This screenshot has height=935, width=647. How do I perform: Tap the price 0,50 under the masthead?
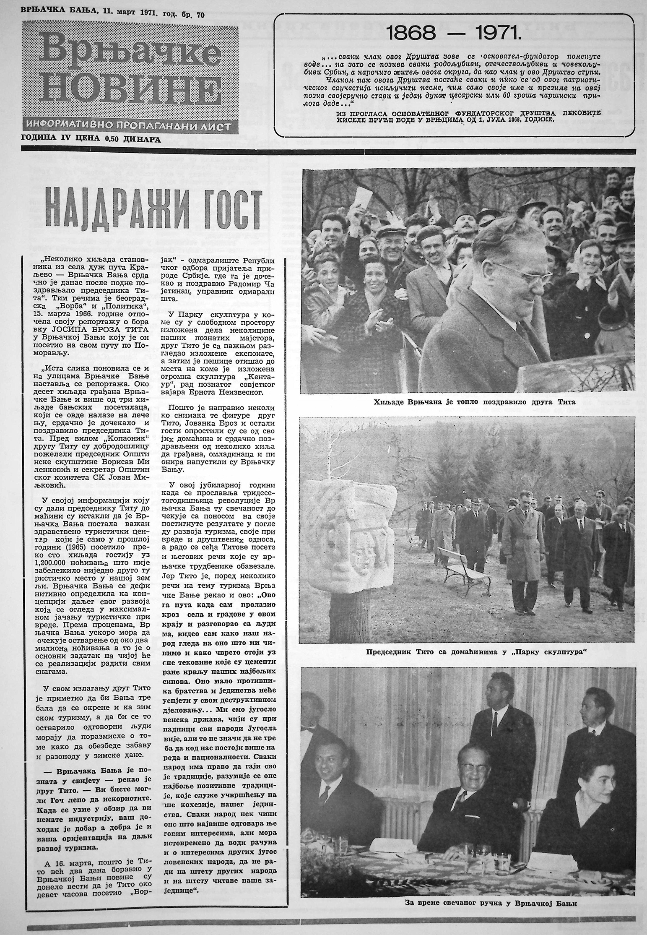coord(109,140)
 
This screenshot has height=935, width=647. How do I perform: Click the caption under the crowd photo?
coord(474,402)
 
